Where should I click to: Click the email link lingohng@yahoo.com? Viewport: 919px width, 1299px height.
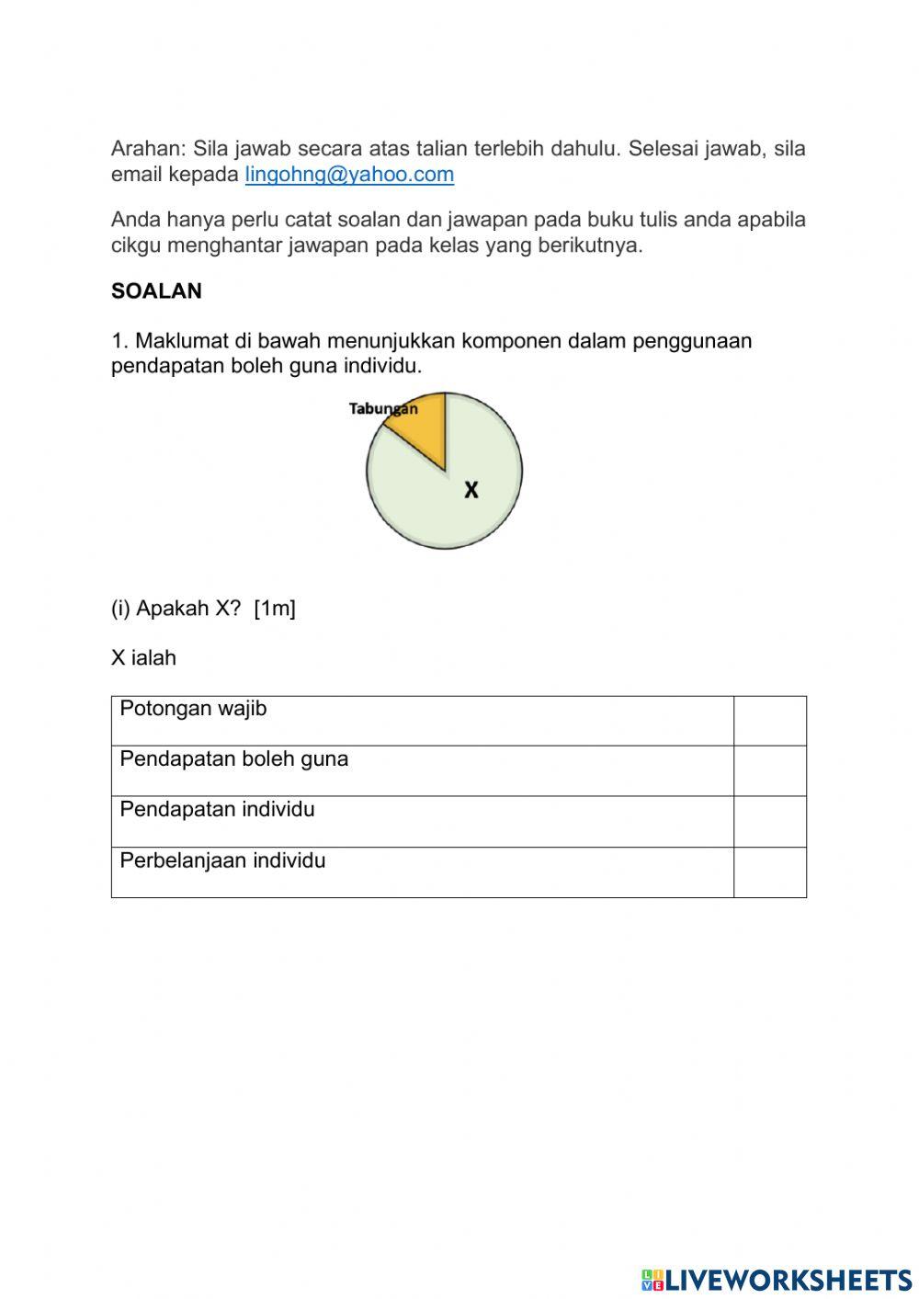click(349, 175)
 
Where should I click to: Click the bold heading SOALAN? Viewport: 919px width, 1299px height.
click(156, 291)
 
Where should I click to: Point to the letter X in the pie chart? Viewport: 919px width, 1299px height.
click(471, 490)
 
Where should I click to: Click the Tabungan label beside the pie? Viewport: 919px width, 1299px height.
click(382, 409)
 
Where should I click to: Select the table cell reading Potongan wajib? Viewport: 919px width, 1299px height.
click(422, 721)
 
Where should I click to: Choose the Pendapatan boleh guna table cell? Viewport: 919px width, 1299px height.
click(422, 770)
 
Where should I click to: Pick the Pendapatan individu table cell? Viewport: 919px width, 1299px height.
click(422, 821)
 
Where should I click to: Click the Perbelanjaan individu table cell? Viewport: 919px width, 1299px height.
click(422, 872)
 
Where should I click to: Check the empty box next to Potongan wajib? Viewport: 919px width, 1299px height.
click(770, 721)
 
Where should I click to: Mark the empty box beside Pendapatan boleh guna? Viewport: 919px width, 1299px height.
click(770, 770)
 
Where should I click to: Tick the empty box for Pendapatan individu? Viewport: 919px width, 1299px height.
click(770, 821)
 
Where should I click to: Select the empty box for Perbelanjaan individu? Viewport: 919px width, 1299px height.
click(770, 872)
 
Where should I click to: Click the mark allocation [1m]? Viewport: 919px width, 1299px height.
click(275, 609)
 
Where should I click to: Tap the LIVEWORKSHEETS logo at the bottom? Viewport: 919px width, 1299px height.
click(777, 1280)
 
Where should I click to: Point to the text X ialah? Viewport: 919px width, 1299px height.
click(143, 658)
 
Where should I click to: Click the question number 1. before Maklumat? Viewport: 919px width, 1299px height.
click(119, 341)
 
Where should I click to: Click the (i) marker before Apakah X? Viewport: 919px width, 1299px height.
click(121, 609)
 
